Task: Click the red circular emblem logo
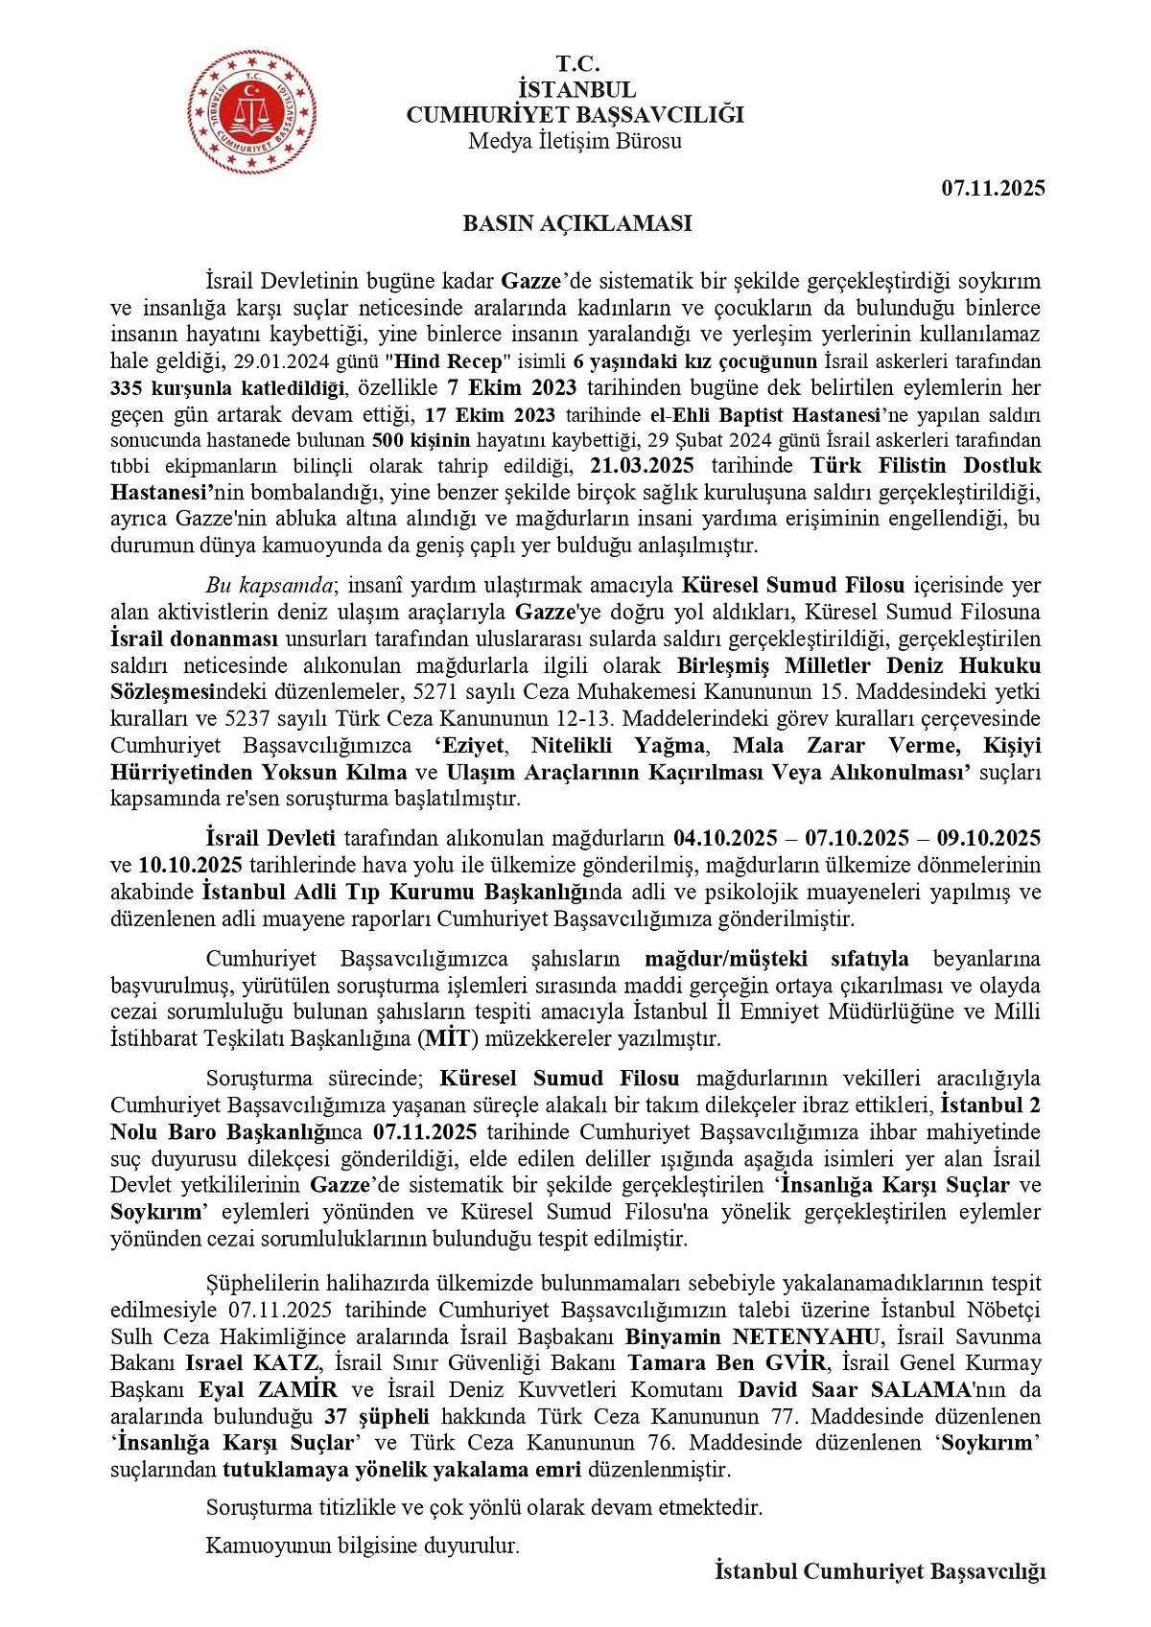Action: click(252, 113)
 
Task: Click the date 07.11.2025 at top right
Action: click(993, 188)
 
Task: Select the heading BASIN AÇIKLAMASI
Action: click(576, 223)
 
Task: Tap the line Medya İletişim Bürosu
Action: click(575, 141)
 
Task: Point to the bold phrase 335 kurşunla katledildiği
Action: click(227, 388)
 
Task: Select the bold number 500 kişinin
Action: click(421, 440)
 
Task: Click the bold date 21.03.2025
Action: click(642, 466)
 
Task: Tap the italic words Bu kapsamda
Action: click(270, 585)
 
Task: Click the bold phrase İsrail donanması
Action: click(194, 639)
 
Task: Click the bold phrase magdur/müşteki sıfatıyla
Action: click(776, 959)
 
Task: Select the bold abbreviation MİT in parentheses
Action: click(448, 1038)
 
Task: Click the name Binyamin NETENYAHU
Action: click(752, 1336)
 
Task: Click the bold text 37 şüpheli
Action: click(376, 1416)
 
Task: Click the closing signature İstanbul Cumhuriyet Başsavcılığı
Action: click(880, 1571)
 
